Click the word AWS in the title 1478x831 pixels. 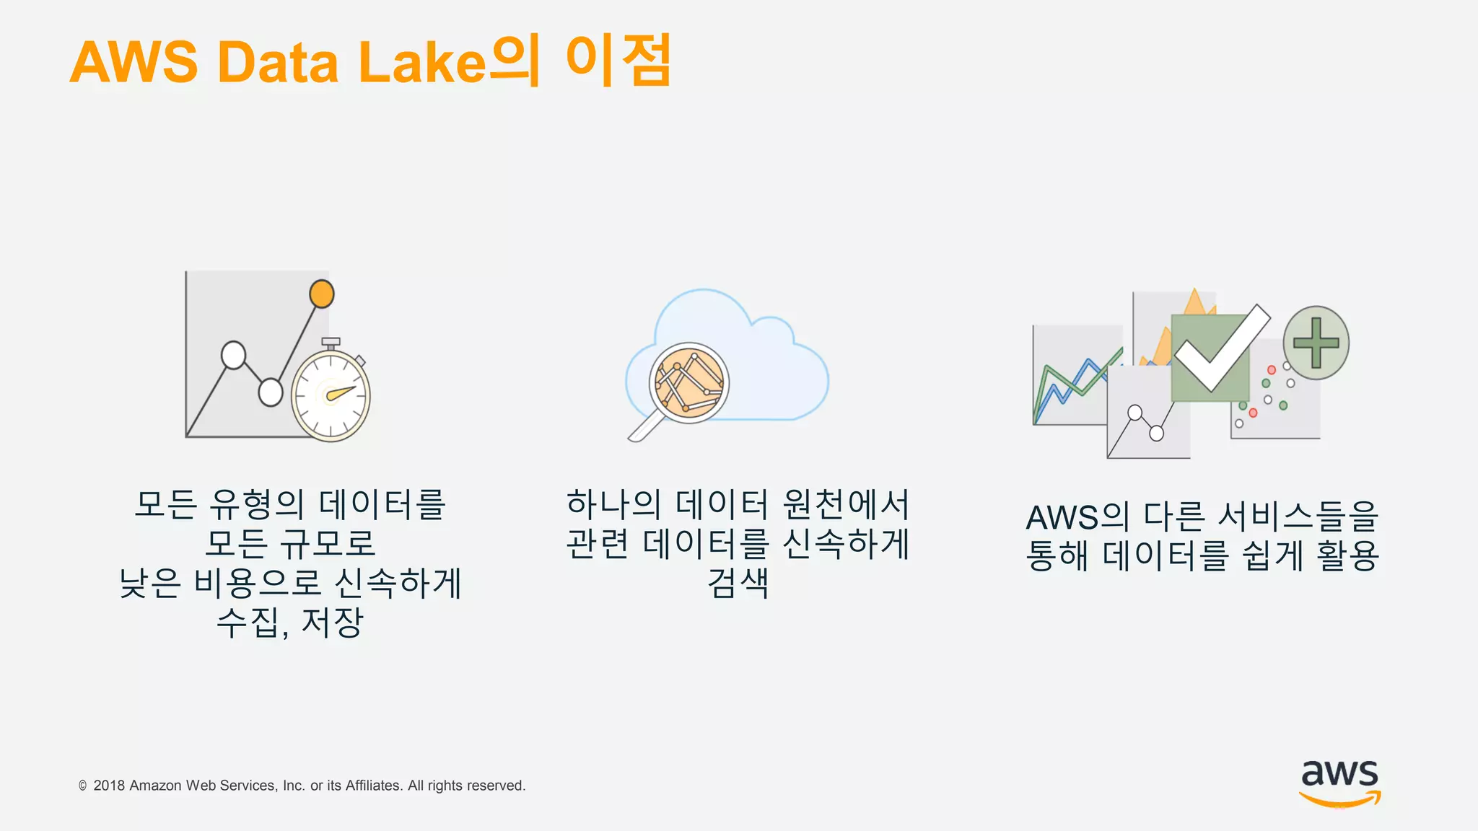pyautogui.click(x=134, y=63)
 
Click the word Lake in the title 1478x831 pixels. pyautogui.click(x=422, y=63)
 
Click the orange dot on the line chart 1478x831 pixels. pyautogui.click(x=321, y=294)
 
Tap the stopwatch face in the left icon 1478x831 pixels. pyautogui.click(x=331, y=395)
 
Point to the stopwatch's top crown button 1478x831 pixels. pyautogui.click(x=331, y=342)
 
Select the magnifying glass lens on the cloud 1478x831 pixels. pyautogui.click(x=688, y=382)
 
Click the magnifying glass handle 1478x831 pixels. pyautogui.click(x=644, y=427)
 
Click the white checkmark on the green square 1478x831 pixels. pyautogui.click(x=1221, y=348)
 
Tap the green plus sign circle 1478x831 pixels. pyautogui.click(x=1316, y=343)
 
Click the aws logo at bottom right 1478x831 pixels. pyautogui.click(x=1339, y=782)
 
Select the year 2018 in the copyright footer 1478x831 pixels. pyautogui.click(x=109, y=786)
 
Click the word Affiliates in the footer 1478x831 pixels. pyautogui.click(x=373, y=786)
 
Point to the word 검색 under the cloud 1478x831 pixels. pyautogui.click(x=738, y=583)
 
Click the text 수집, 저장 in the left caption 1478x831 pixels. pyautogui.click(x=290, y=623)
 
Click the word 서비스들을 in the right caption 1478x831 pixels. pyautogui.click(x=1298, y=517)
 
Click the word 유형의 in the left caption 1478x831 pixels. pyautogui.click(x=257, y=504)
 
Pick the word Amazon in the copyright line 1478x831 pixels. pyautogui.click(x=156, y=786)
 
